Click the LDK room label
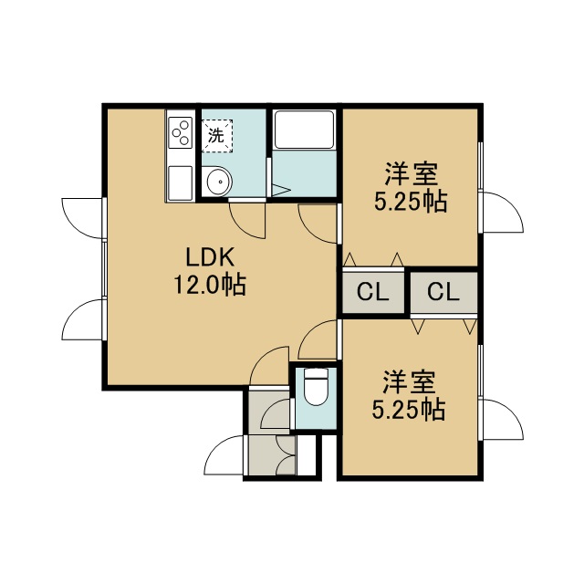(x=210, y=257)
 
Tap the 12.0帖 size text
(x=210, y=285)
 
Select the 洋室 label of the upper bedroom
(x=411, y=174)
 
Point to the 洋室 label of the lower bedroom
(x=409, y=382)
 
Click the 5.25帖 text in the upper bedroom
(x=411, y=203)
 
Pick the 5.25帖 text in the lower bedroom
(x=409, y=410)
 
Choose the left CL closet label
(x=373, y=292)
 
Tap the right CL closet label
(x=443, y=292)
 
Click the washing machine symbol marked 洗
(x=217, y=136)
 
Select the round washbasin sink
(x=219, y=182)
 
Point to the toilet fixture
(x=316, y=386)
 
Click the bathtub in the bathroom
(x=304, y=130)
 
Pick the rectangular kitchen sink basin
(x=181, y=182)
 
